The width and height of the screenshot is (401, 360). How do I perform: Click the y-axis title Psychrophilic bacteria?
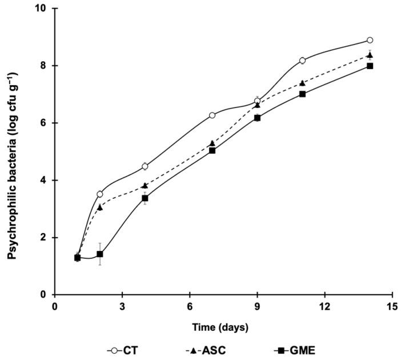point(11,152)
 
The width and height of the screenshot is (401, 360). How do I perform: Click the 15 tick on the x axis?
point(392,306)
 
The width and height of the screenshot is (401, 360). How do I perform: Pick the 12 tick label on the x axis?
point(324,306)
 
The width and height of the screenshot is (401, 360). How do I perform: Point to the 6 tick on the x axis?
point(190,306)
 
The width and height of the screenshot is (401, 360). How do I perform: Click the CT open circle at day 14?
point(370,41)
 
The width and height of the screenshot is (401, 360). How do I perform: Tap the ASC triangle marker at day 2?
point(100,207)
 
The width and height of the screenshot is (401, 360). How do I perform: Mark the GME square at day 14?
point(370,66)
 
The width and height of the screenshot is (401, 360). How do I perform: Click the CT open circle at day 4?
point(145,166)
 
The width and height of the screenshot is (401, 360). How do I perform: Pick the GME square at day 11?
point(302,94)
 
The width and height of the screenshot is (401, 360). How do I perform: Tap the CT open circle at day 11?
point(302,61)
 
